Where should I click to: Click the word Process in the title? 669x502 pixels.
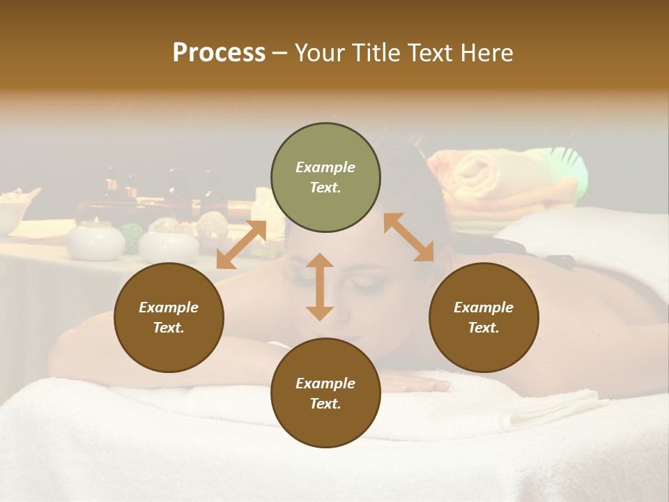219,53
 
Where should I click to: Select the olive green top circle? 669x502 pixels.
325,177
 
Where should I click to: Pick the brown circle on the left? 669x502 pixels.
169,317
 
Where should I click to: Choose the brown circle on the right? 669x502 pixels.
484,317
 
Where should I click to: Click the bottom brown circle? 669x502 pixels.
325,393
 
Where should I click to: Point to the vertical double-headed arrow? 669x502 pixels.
320,287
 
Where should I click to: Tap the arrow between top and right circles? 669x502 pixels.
408,237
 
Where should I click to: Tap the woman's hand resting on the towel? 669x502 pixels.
411,383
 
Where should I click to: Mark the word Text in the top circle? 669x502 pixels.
325,188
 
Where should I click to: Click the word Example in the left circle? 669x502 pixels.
169,307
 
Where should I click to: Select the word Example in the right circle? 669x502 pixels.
484,307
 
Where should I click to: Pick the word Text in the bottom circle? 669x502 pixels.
325,404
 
